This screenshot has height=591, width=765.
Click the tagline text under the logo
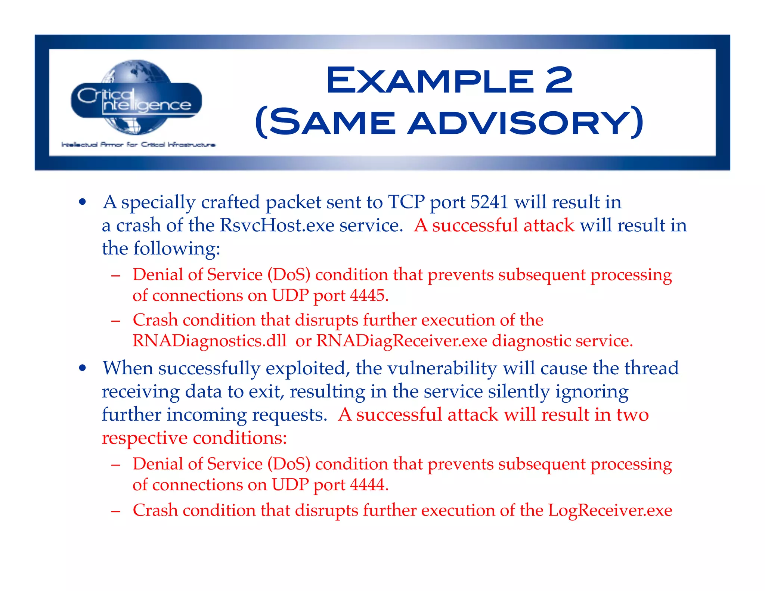138,145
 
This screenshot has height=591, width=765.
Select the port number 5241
489,202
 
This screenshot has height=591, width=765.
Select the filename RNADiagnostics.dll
209,341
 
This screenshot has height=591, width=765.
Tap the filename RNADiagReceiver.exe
402,341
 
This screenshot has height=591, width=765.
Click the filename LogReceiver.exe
610,510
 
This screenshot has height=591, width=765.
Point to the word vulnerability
442,368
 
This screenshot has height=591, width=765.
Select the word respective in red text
144,438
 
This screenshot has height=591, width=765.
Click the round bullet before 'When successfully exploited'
83,368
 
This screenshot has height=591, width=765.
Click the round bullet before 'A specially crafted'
83,202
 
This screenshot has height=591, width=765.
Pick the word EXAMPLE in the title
430,81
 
